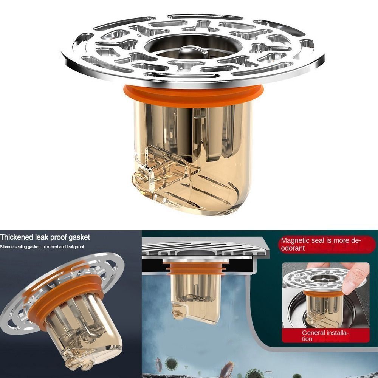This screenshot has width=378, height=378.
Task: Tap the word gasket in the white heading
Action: click(79, 237)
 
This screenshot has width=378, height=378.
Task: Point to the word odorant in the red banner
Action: click(293, 248)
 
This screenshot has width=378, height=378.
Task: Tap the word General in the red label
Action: click(313, 333)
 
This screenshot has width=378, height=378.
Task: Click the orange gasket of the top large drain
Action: click(193, 94)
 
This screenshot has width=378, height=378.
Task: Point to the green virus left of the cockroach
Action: click(172, 365)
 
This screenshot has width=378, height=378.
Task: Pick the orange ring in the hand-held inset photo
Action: click(321, 293)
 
